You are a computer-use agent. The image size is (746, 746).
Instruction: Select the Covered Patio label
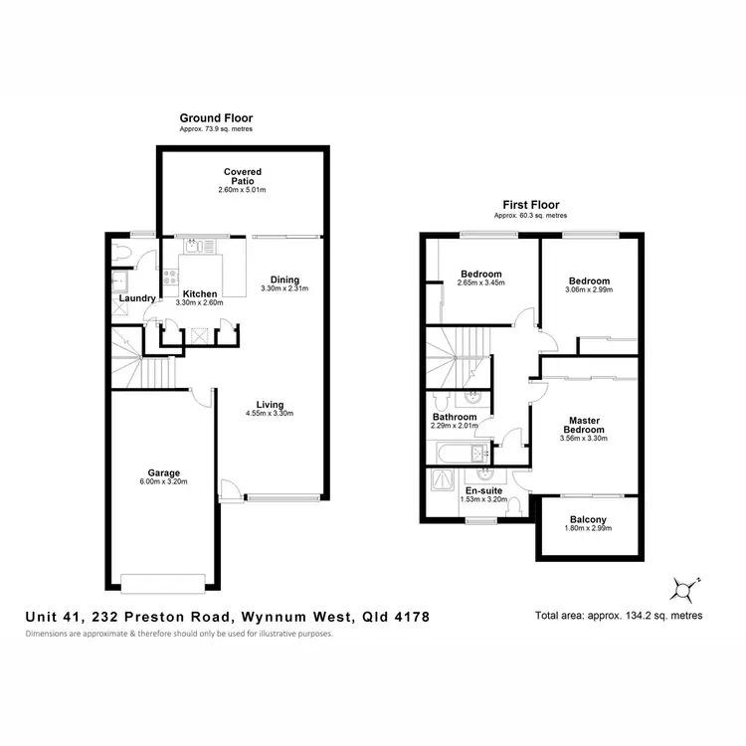[243, 177]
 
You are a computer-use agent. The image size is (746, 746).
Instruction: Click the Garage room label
[163, 472]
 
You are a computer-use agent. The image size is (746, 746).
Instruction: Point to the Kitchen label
[200, 294]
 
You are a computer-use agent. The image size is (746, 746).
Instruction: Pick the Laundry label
[135, 298]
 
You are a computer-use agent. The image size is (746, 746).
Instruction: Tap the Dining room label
[284, 280]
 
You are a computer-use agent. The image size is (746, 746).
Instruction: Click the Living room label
[270, 405]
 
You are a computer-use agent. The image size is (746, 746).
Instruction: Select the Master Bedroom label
[583, 425]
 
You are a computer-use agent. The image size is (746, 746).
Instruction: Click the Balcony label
[588, 520]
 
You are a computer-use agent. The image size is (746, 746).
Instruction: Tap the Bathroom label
[455, 417]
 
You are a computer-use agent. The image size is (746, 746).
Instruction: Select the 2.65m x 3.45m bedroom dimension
[480, 283]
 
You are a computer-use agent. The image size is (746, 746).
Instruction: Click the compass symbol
[683, 590]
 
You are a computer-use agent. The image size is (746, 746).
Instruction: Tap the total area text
[619, 616]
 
